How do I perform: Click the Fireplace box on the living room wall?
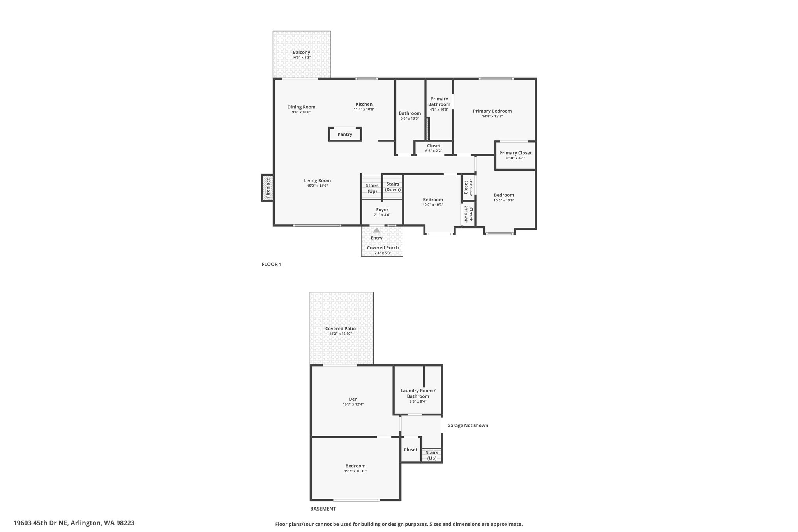(x=267, y=188)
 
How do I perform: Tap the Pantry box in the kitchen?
(x=345, y=134)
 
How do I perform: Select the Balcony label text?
(x=302, y=52)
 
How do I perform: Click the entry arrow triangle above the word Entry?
(x=376, y=230)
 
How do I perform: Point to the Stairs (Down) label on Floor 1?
(x=393, y=187)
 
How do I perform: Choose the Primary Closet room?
(x=515, y=156)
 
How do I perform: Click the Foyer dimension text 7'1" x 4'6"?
(x=382, y=215)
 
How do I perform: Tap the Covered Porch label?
(x=383, y=248)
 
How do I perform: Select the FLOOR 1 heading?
(x=272, y=264)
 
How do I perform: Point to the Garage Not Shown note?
(x=468, y=425)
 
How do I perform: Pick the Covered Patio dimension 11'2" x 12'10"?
(x=341, y=334)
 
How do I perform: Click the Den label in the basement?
(x=353, y=399)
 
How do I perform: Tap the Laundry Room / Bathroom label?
(x=418, y=393)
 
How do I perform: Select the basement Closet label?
(x=411, y=449)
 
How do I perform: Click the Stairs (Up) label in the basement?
(x=432, y=455)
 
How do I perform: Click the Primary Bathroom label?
(x=439, y=101)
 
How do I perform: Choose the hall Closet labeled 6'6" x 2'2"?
(x=434, y=148)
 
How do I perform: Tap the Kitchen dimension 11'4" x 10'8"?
(x=364, y=110)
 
